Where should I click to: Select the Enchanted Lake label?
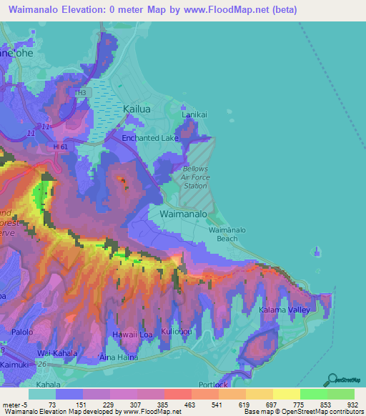pyautogui.click(x=149, y=137)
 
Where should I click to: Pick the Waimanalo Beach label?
pyautogui.click(x=227, y=234)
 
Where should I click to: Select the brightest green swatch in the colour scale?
pyautogui.click(x=314, y=394)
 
